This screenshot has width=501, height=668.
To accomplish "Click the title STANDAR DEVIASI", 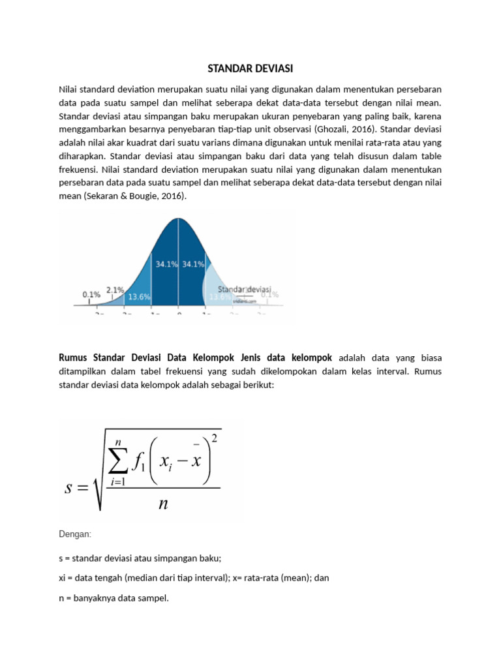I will (x=250, y=68).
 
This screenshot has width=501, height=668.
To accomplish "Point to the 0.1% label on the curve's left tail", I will (x=91, y=294).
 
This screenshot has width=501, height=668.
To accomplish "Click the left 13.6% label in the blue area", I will (x=139, y=296).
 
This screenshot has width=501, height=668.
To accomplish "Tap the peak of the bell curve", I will (x=179, y=220).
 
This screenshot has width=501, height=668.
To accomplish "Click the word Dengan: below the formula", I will (x=75, y=534).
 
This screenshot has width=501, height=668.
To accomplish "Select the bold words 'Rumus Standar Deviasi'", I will (x=104, y=357).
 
